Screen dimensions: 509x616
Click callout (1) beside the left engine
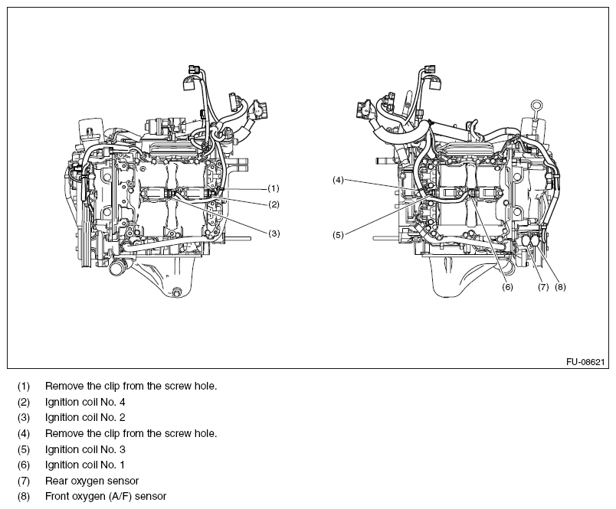point(274,188)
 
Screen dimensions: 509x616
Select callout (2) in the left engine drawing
point(274,204)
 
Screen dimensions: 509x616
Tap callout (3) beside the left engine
point(274,233)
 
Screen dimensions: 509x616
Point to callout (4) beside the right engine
point(338,180)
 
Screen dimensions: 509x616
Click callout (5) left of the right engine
point(338,235)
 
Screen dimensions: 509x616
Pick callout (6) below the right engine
point(507,288)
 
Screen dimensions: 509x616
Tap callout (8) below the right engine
point(560,288)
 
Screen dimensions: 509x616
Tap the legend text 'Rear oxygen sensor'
point(92,481)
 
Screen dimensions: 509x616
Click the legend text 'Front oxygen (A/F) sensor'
point(106,497)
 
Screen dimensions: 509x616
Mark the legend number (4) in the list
point(25,434)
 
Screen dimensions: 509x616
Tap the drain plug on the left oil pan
point(177,292)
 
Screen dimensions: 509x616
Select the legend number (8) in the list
point(25,497)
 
